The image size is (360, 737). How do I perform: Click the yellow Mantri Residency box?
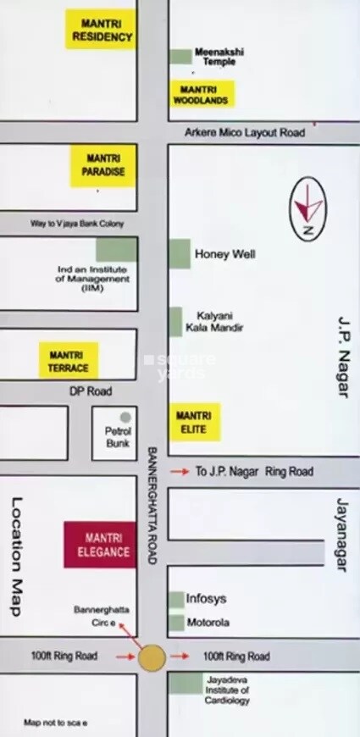pos(101,30)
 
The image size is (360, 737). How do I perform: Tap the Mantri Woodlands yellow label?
pos(202,94)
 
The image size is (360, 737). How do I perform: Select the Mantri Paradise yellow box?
pos(104,164)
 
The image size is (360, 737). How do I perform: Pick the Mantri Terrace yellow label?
pos(69,362)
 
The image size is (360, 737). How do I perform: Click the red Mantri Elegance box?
pos(100,545)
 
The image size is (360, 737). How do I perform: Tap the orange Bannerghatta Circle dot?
pos(152,657)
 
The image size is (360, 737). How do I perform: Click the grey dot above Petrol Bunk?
pos(125,418)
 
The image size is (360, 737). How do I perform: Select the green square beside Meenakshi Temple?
pos(180,56)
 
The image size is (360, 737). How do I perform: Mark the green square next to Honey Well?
pos(180,254)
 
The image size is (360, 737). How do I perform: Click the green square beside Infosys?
pos(176,600)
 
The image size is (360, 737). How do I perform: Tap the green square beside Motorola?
pos(176,623)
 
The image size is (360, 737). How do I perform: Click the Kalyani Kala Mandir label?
pos(219,321)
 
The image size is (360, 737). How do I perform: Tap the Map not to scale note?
pos(56,723)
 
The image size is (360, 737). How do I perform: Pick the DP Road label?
pos(91,391)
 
